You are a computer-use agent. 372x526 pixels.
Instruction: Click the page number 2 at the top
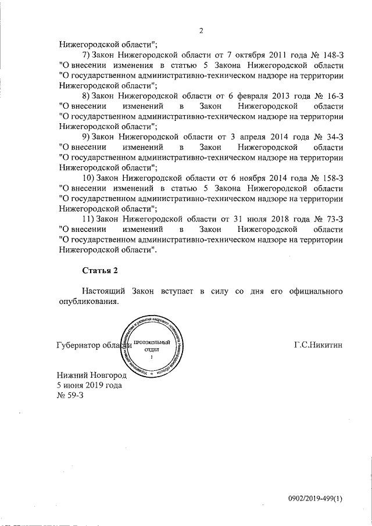(201, 31)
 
